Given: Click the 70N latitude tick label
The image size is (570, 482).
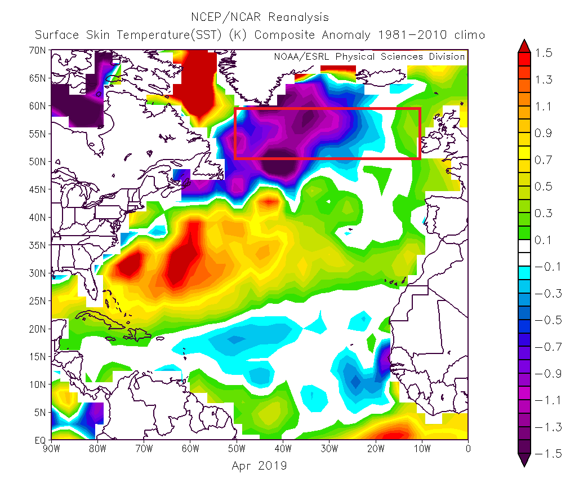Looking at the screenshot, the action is tap(37, 50).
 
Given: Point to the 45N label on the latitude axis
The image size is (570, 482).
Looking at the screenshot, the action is tap(37, 189).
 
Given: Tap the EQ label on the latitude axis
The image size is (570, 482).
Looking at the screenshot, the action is tap(40, 440).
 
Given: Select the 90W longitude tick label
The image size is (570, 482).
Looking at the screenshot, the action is tap(51, 449).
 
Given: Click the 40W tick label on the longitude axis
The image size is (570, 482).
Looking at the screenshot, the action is tap(283, 449).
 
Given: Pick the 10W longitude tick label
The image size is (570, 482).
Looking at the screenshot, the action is tap(422, 449).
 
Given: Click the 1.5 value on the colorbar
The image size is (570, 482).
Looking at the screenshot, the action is tap(544, 53).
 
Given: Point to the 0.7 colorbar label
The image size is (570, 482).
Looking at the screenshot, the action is tap(544, 160).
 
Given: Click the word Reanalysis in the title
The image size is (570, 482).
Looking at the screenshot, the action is tap(299, 17).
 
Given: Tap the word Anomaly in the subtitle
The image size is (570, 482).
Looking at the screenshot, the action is tap(346, 35).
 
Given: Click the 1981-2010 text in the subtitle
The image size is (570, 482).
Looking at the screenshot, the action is tap(412, 35).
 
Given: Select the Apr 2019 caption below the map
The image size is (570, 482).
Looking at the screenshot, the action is tap(259, 466).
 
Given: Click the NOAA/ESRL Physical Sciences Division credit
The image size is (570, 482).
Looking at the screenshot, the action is tap(369, 57).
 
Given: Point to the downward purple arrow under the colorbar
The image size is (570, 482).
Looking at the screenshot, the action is tap(524, 460).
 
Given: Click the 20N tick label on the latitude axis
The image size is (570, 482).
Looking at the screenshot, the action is tap(37, 329).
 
